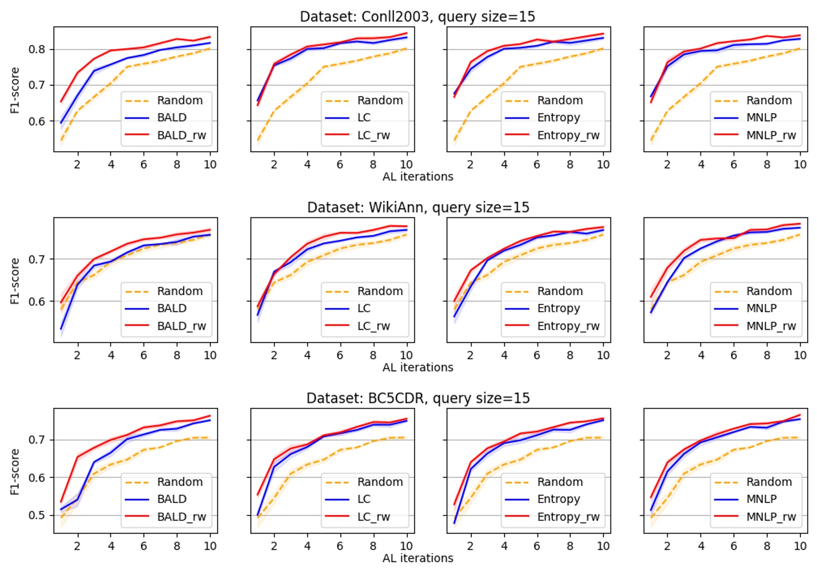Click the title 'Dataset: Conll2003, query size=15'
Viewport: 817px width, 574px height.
(417, 17)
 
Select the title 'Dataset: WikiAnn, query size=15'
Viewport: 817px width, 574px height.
(418, 207)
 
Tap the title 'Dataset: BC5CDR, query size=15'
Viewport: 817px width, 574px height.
(418, 398)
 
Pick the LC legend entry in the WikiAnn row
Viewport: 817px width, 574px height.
(364, 308)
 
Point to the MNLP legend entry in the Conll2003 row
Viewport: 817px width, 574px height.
(761, 118)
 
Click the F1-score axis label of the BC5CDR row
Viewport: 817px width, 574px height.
(14, 471)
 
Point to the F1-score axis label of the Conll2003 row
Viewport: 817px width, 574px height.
(14, 90)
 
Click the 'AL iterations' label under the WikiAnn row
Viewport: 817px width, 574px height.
(418, 367)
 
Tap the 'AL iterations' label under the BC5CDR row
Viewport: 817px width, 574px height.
(418, 558)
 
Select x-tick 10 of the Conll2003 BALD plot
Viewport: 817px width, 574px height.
(210, 164)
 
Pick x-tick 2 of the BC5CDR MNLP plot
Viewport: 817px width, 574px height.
(667, 546)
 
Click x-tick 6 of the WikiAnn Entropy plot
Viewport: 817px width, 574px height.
(537, 355)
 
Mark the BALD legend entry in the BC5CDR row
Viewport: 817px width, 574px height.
(172, 499)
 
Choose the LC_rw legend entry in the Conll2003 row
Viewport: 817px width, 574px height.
(373, 135)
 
